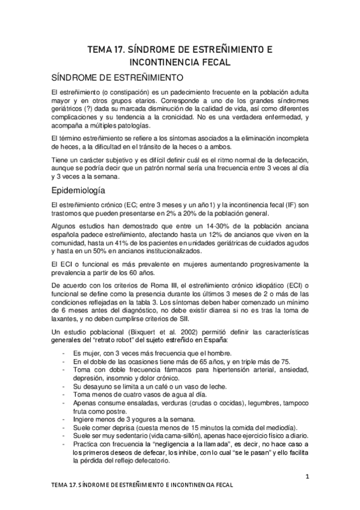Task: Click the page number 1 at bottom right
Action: pos(307,476)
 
